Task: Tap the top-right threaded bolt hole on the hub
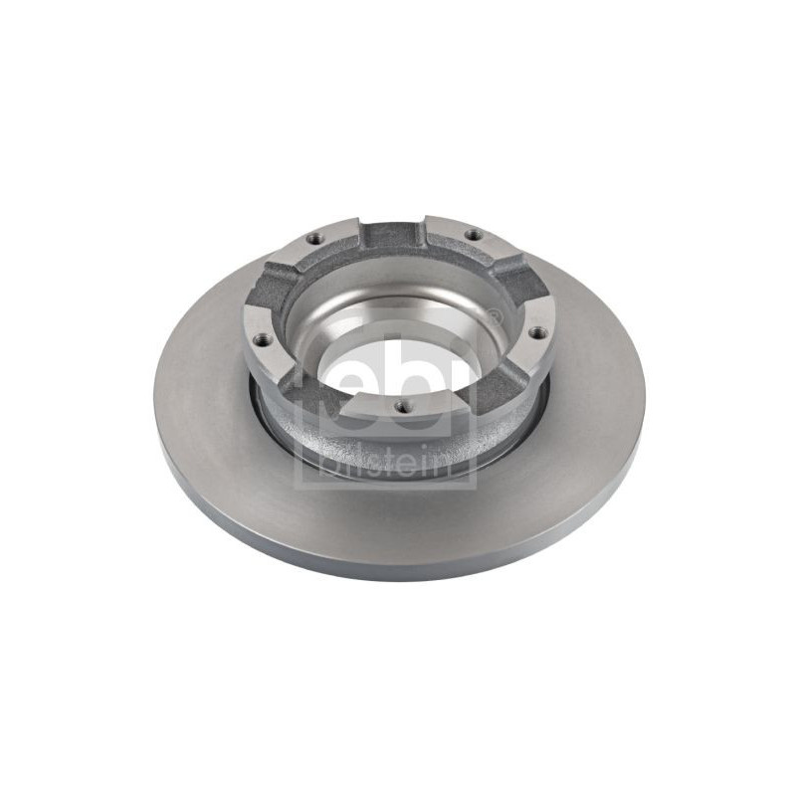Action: pos(473,235)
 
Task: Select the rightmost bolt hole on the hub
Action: pos(536,332)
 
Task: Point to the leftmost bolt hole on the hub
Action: pos(261,338)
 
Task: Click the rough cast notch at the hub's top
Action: pos(395,236)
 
